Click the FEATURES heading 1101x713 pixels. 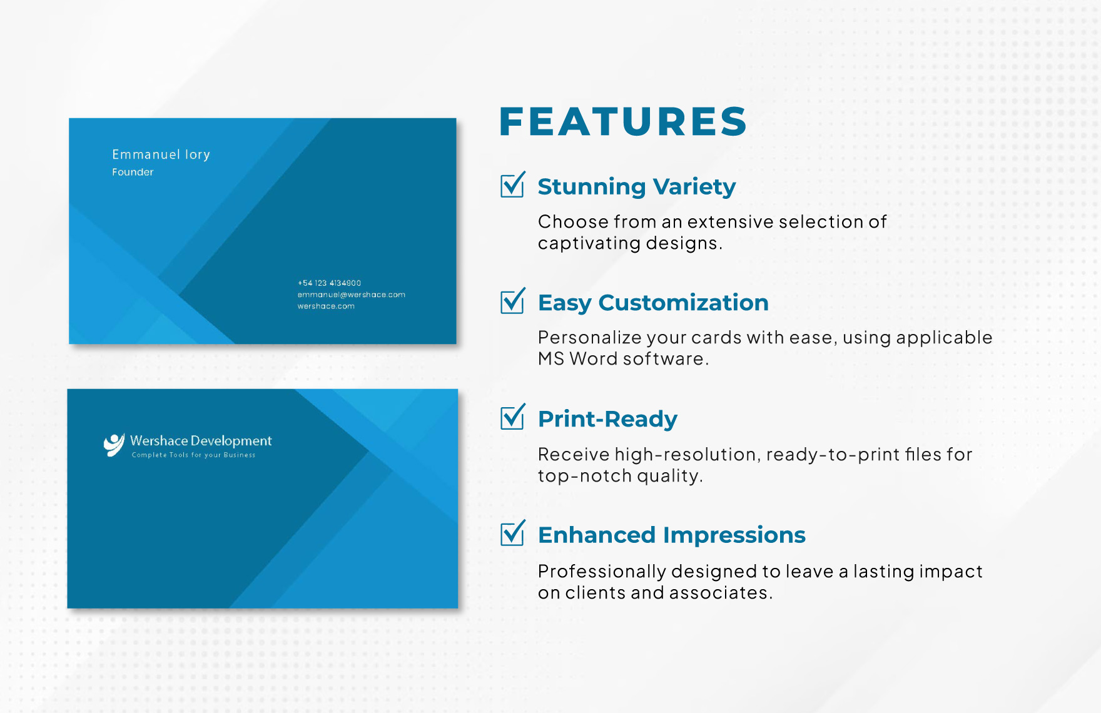[x=623, y=121]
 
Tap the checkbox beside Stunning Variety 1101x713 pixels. [x=512, y=185]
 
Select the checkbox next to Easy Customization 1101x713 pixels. [x=512, y=301]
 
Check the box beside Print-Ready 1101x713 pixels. [x=512, y=417]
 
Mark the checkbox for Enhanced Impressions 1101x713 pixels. [x=512, y=533]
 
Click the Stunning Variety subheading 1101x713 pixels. [x=637, y=187]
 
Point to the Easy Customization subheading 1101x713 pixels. [x=653, y=303]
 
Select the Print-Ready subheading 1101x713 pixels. [x=607, y=419]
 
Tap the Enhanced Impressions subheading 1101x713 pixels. [x=672, y=535]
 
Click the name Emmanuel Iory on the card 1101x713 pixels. [x=161, y=154]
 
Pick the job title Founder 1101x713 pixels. [x=133, y=172]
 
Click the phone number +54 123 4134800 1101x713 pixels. [x=329, y=283]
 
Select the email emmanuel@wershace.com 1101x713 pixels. [x=352, y=295]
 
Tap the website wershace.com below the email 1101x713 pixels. [x=326, y=306]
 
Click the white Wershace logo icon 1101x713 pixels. [x=114, y=445]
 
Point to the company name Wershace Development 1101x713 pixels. [x=201, y=441]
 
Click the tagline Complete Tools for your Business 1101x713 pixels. [x=193, y=455]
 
